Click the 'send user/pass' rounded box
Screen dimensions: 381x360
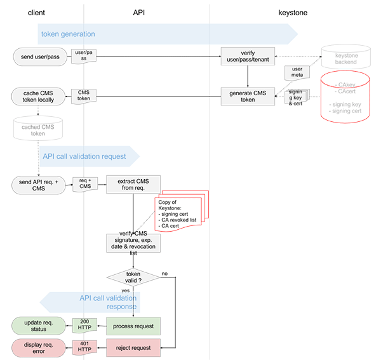point(40,57)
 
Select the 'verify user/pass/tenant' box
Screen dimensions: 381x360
point(248,57)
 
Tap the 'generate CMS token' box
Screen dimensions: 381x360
point(248,97)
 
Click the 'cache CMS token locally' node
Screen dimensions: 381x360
point(38,97)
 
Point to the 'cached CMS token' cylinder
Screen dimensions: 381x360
point(38,128)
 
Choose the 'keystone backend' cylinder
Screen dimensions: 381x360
point(346,57)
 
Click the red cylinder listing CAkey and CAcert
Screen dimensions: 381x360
point(345,97)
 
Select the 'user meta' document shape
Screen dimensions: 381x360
point(297,72)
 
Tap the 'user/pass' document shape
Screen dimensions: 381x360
point(84,56)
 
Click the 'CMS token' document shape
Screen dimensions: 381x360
point(84,97)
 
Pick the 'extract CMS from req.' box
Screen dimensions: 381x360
point(133,184)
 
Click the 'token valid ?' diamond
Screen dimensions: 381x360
point(133,277)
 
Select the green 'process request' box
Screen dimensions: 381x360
point(133,326)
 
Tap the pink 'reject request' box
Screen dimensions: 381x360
point(133,348)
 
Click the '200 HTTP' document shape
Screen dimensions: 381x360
point(84,325)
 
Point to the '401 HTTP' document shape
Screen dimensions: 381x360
point(84,347)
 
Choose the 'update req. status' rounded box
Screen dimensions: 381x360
point(39,326)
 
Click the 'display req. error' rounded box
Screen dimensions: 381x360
point(39,348)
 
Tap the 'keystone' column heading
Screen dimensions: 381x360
point(293,13)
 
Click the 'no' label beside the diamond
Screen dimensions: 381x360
point(164,274)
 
